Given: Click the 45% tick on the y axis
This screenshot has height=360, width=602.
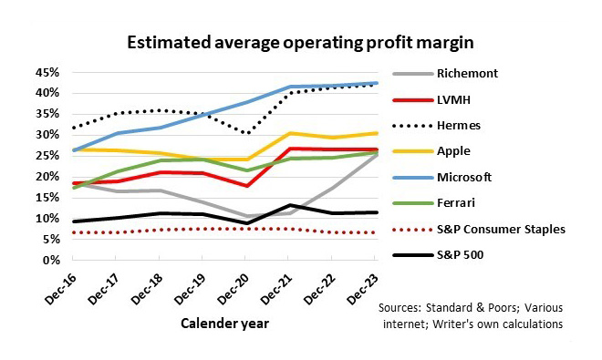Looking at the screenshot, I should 46,72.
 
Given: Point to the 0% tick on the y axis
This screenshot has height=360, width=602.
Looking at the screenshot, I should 49,261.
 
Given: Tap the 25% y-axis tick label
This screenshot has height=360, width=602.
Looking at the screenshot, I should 46,156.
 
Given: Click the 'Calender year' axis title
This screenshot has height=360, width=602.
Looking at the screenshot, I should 223,323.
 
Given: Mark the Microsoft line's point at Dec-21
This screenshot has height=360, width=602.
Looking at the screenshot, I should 290,87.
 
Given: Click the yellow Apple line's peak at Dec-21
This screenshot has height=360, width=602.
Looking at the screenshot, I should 290,133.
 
